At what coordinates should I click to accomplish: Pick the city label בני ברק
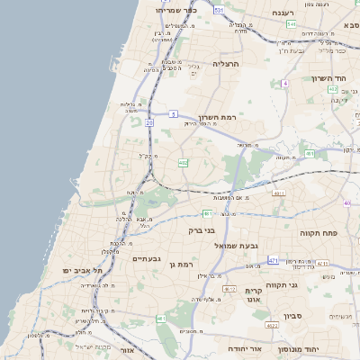[x=201, y=230]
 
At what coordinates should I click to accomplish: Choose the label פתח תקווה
[x=319, y=232]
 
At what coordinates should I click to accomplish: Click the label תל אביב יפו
[x=82, y=270]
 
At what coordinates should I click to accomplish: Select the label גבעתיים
[x=146, y=258]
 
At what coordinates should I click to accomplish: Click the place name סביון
[x=293, y=316]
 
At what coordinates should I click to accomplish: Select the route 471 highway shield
[x=273, y=260]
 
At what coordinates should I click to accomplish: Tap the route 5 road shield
[x=173, y=115]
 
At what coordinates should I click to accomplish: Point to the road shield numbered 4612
[x=229, y=289]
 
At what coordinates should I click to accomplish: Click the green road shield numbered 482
[x=183, y=163]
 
